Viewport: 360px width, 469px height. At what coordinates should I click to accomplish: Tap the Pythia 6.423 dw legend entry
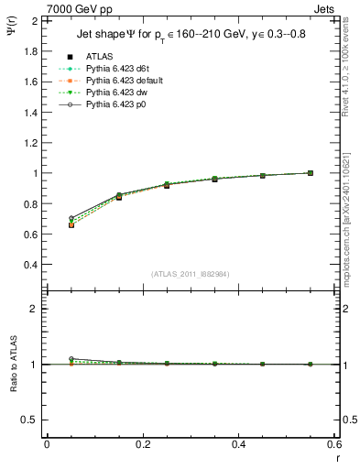(114, 93)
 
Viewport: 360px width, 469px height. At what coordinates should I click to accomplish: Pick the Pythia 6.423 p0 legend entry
(113, 104)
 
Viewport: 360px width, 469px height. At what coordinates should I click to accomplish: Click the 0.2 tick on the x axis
(142, 444)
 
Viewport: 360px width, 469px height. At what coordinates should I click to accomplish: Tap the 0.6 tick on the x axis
(334, 444)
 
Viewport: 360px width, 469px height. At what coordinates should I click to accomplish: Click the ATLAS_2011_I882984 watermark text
(190, 273)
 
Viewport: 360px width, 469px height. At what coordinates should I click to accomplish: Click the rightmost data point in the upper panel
(310, 173)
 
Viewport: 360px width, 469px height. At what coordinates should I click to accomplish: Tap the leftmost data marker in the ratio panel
(71, 359)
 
